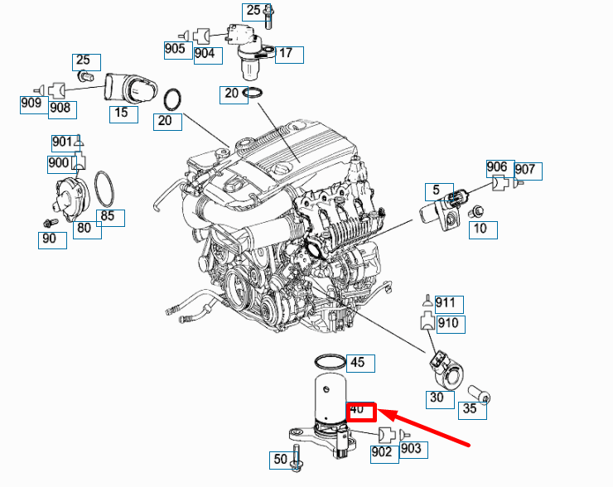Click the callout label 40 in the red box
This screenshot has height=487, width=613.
(361, 410)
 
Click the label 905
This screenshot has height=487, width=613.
(175, 48)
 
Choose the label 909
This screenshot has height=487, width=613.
(31, 104)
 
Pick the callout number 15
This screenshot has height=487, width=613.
(123, 113)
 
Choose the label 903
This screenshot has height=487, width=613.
(412, 449)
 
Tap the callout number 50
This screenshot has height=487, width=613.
(280, 458)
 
